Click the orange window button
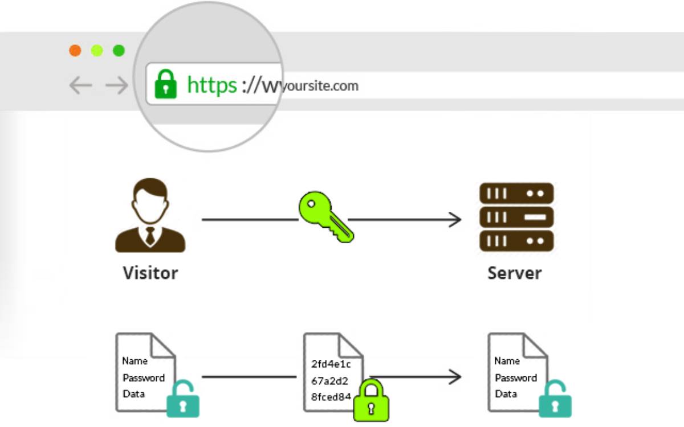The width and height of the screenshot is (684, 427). [x=75, y=51]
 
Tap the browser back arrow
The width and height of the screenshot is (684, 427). [x=80, y=85]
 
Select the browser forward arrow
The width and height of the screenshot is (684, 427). [x=117, y=85]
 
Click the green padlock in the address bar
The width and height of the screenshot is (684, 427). [x=166, y=84]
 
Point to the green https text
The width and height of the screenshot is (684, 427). [x=211, y=85]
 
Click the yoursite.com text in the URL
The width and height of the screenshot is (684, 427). [x=320, y=86]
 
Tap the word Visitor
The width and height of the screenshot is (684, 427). [x=150, y=273]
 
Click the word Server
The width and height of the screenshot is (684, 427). [x=515, y=273]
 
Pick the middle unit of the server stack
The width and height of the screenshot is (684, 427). [x=516, y=217]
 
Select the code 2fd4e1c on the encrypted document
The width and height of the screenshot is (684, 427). [x=331, y=364]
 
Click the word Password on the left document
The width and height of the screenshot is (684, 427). [x=144, y=377]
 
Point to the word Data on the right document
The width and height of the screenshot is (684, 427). [x=506, y=394]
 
